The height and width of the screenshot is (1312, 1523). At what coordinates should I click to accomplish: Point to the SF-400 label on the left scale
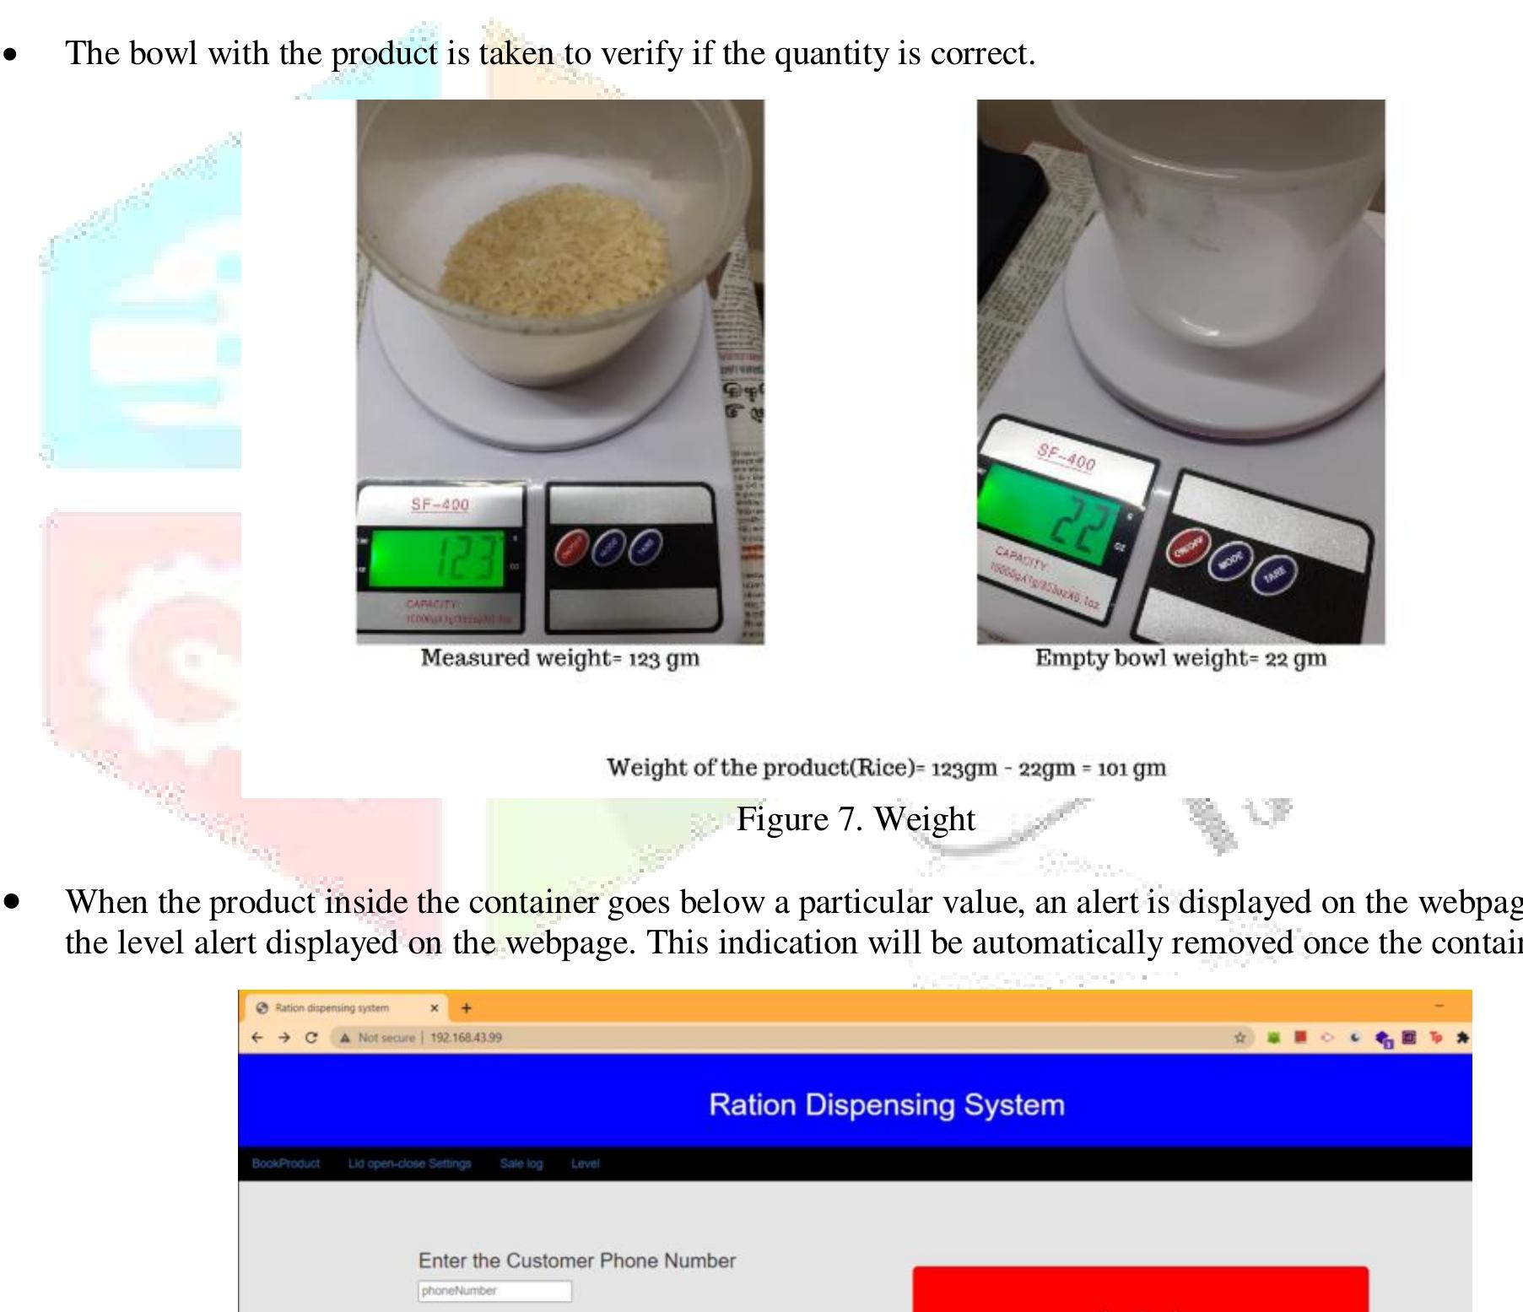coord(440,505)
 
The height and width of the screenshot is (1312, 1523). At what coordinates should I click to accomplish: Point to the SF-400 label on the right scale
coord(1067,457)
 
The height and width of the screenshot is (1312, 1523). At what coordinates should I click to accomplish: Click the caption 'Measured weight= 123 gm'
coord(560,658)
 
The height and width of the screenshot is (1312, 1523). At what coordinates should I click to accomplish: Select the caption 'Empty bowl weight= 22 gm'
coord(1180,658)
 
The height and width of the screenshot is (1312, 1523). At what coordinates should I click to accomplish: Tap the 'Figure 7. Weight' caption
coord(856,819)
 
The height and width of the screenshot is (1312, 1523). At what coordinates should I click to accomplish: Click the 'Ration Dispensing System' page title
coord(886,1104)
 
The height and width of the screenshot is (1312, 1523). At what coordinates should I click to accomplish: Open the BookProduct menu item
coord(285,1164)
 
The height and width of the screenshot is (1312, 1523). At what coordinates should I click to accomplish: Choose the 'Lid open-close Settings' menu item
coord(409,1164)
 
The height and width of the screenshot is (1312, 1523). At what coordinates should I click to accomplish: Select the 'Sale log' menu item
coord(521,1164)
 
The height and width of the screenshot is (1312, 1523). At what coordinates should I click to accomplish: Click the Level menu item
coord(585,1164)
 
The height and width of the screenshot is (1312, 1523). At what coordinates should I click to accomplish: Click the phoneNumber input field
coord(494,1291)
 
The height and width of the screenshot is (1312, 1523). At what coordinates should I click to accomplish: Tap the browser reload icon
coord(311,1038)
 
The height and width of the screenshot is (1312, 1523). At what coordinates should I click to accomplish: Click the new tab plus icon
coord(466,1007)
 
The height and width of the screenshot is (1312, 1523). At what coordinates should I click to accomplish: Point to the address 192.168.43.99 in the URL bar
coord(466,1038)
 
